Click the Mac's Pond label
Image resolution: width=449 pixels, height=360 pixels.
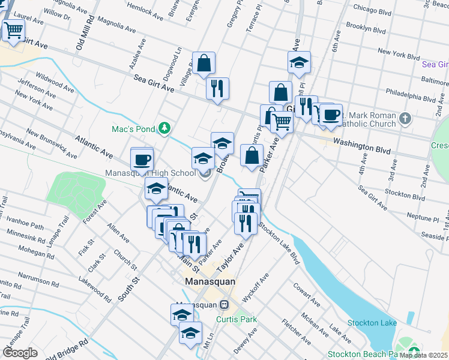133,128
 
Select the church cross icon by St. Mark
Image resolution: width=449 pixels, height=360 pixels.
406,119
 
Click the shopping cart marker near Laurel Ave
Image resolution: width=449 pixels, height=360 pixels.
13,29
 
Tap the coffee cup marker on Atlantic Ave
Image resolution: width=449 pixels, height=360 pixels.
142,160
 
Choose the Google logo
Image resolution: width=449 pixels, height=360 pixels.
20,352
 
